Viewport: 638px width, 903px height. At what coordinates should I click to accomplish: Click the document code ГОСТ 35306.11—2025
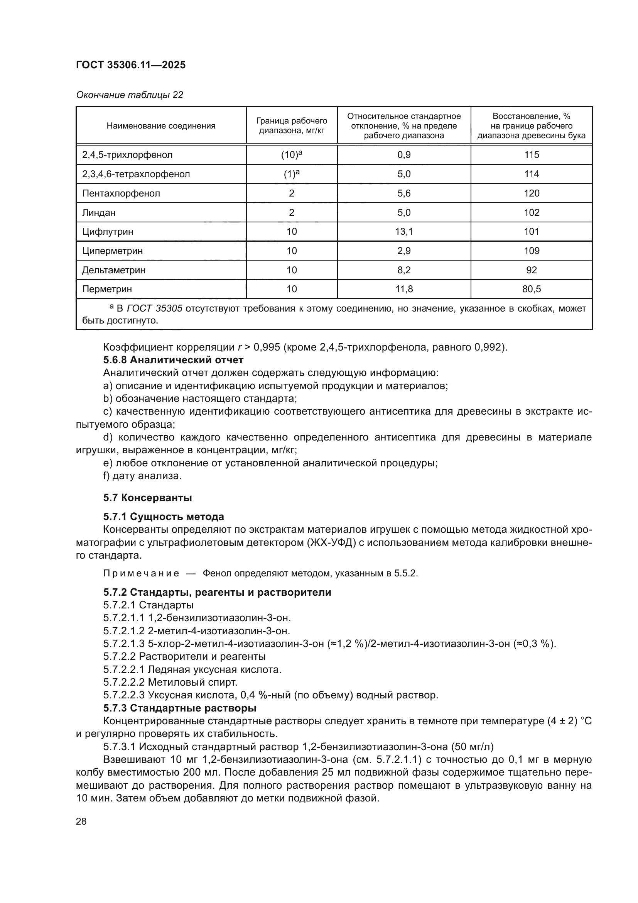[x=130, y=65]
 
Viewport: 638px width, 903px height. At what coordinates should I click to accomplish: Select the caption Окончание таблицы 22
[x=129, y=95]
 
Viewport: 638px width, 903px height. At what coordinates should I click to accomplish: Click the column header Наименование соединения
[x=161, y=126]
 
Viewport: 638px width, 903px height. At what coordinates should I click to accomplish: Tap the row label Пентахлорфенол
[x=121, y=193]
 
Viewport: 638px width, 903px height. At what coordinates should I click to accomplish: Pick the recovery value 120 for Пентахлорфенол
[x=531, y=193]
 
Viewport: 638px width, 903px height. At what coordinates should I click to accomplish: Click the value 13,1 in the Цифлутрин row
[x=404, y=232]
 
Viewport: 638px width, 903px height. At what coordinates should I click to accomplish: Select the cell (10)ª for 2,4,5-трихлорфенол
[x=292, y=154]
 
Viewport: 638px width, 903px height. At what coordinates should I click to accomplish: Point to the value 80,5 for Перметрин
[x=531, y=289]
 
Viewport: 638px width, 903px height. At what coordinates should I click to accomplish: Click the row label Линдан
[x=99, y=212]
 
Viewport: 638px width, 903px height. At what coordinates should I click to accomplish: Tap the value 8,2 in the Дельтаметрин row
[x=404, y=270]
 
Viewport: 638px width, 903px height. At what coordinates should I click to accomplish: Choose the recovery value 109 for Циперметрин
[x=531, y=251]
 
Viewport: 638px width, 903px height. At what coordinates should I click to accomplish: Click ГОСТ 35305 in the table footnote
[x=155, y=308]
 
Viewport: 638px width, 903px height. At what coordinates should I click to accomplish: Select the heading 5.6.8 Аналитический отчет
[x=173, y=360]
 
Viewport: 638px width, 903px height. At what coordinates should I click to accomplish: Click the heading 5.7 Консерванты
[x=147, y=498]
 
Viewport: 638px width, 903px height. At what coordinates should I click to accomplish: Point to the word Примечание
[x=141, y=573]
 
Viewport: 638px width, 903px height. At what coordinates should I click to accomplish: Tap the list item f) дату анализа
[x=142, y=476]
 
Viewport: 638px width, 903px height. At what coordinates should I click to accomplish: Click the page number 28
[x=81, y=821]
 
